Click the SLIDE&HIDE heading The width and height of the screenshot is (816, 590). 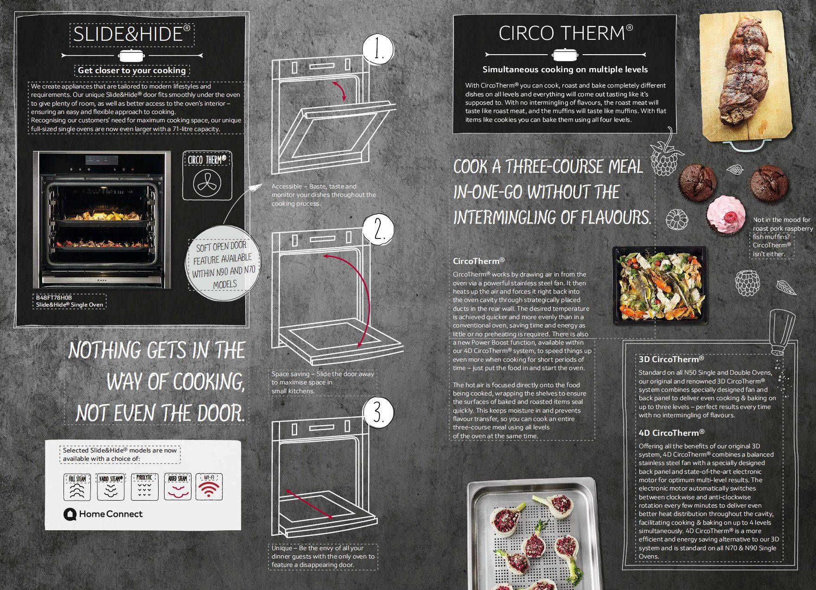click(x=132, y=34)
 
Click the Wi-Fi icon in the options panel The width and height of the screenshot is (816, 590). click(x=209, y=487)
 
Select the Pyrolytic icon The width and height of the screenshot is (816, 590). click(x=144, y=487)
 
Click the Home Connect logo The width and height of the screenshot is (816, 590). click(x=103, y=514)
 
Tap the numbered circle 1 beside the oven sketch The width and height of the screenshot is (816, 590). click(x=378, y=50)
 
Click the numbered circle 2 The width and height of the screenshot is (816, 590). click(x=378, y=229)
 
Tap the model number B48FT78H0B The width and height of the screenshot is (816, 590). click(x=54, y=297)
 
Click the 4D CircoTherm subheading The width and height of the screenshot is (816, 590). click(x=671, y=433)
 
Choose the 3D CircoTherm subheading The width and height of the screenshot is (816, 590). click(x=671, y=359)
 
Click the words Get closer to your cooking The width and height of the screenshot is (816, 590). click(x=132, y=70)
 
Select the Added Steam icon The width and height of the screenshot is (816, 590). click(x=178, y=487)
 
